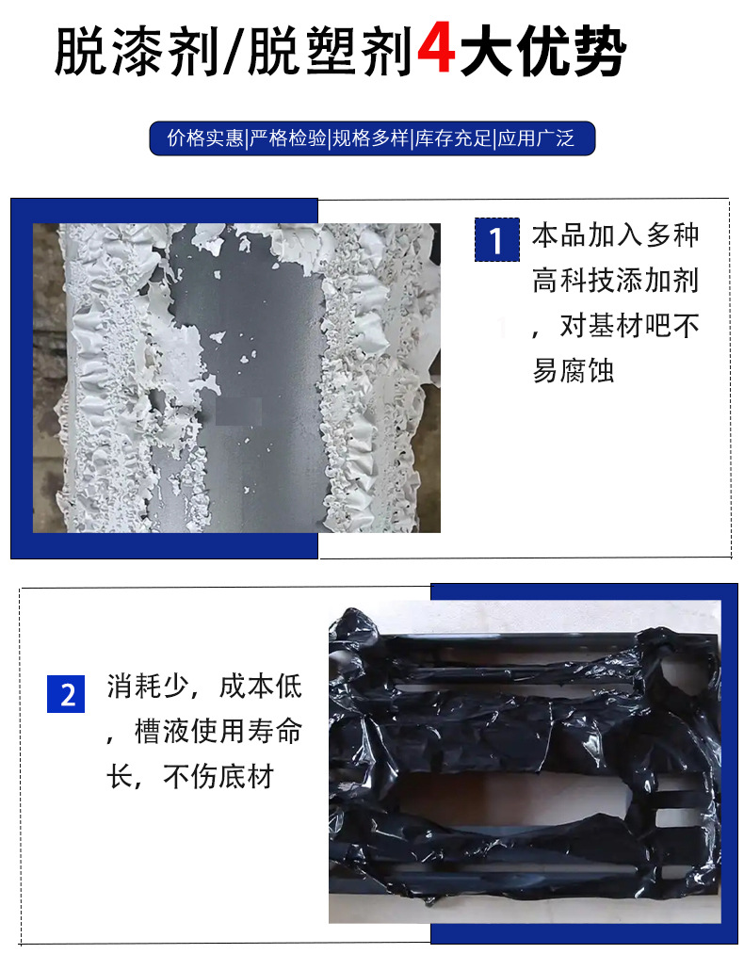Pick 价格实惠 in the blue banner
click(205, 139)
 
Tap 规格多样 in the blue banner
click(371, 139)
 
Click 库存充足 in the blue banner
click(455, 139)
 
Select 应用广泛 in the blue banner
click(536, 139)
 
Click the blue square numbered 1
click(495, 240)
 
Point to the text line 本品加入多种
click(616, 235)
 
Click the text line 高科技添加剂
click(616, 281)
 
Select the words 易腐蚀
click(574, 371)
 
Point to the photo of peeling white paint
click(236, 378)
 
